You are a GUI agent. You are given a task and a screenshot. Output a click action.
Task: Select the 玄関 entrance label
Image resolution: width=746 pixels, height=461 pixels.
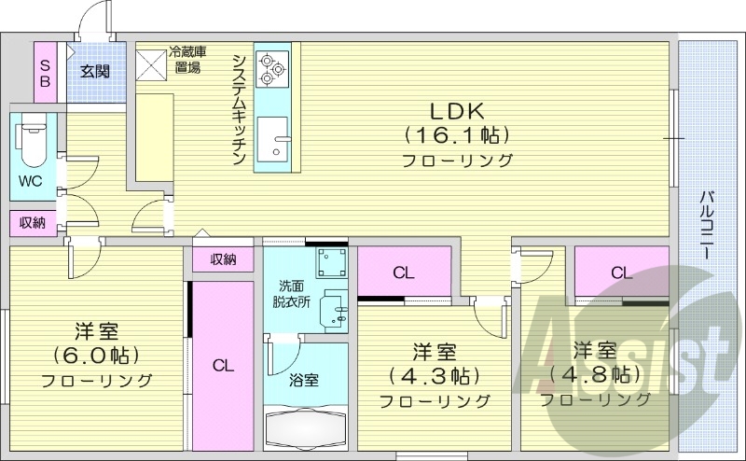coord(94,71)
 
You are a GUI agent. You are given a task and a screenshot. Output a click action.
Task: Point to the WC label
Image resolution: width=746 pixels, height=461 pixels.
coord(29,181)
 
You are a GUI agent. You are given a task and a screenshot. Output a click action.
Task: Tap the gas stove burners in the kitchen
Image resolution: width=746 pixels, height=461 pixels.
coord(272,66)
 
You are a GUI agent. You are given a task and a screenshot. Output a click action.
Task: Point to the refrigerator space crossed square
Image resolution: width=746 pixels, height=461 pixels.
coord(150,63)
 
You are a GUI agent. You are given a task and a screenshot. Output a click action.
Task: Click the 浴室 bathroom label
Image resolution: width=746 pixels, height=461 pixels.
coord(304,380)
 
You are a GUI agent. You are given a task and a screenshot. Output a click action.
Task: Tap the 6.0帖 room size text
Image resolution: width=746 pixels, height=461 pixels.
coord(95,356)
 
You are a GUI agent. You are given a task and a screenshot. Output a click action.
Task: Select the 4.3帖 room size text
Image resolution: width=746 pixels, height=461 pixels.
coord(434,376)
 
